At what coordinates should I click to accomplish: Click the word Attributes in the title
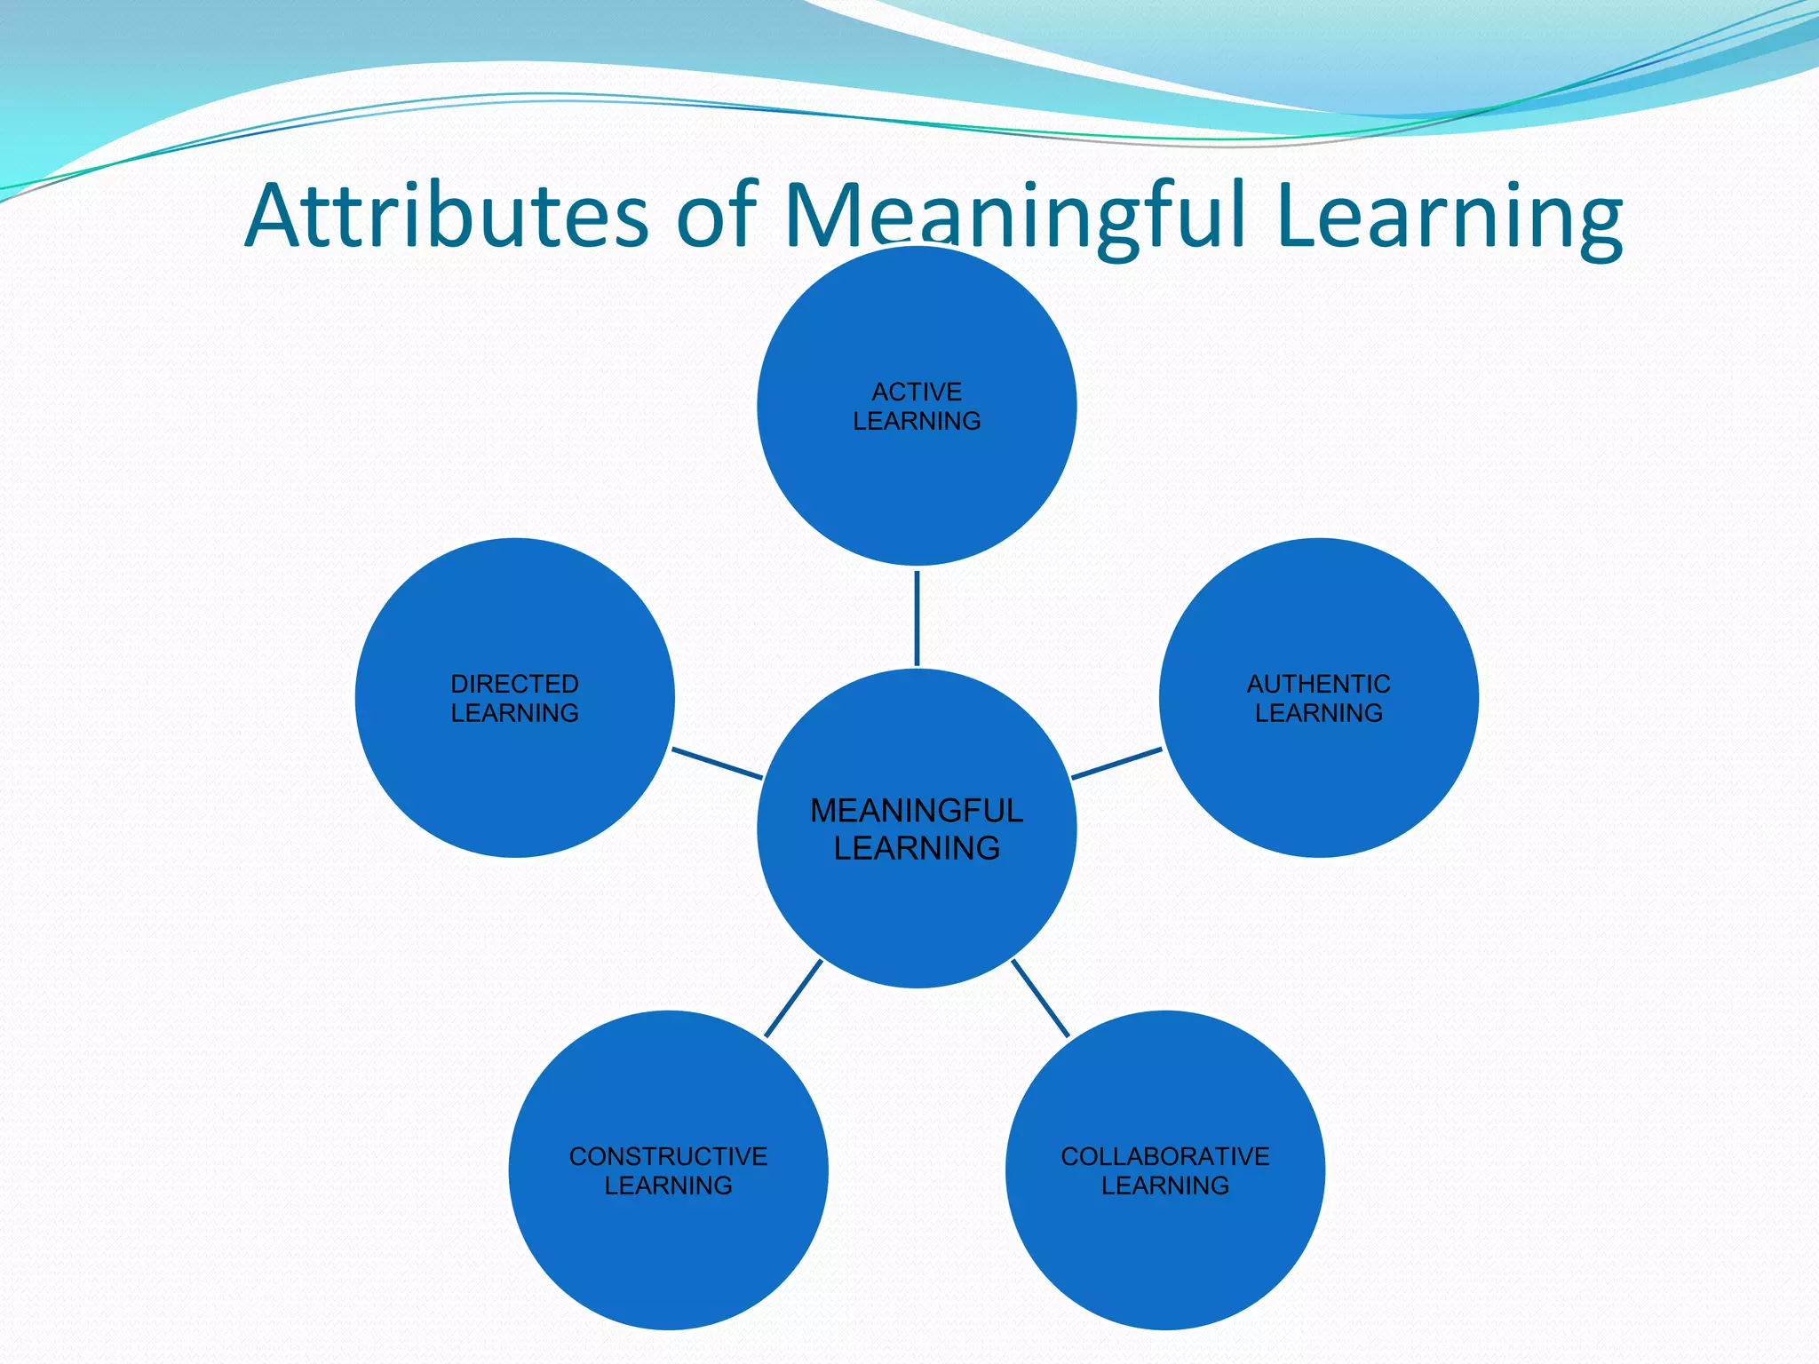(446, 216)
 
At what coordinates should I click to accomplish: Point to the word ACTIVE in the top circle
(917, 392)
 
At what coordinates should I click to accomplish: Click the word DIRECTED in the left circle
(514, 684)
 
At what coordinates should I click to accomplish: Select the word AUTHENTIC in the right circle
(1318, 684)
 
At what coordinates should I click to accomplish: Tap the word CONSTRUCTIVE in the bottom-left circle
(668, 1156)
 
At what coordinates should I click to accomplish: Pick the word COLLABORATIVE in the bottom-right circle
(1164, 1156)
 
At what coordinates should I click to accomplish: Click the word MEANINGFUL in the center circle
(917, 811)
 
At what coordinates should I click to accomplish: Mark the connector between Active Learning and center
(917, 618)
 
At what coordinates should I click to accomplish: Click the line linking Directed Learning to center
(717, 764)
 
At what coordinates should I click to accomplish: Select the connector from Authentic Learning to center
(1116, 764)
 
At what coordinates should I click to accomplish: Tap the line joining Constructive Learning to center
(793, 998)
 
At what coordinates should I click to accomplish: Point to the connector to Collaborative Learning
(1040, 998)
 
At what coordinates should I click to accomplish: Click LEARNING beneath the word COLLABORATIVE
(1164, 1186)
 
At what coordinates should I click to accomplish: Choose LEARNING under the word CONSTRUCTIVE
(668, 1186)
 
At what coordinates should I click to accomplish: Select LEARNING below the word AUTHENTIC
(1318, 713)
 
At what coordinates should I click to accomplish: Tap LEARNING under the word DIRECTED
(514, 713)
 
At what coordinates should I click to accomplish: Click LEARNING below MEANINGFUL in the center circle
(917, 848)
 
